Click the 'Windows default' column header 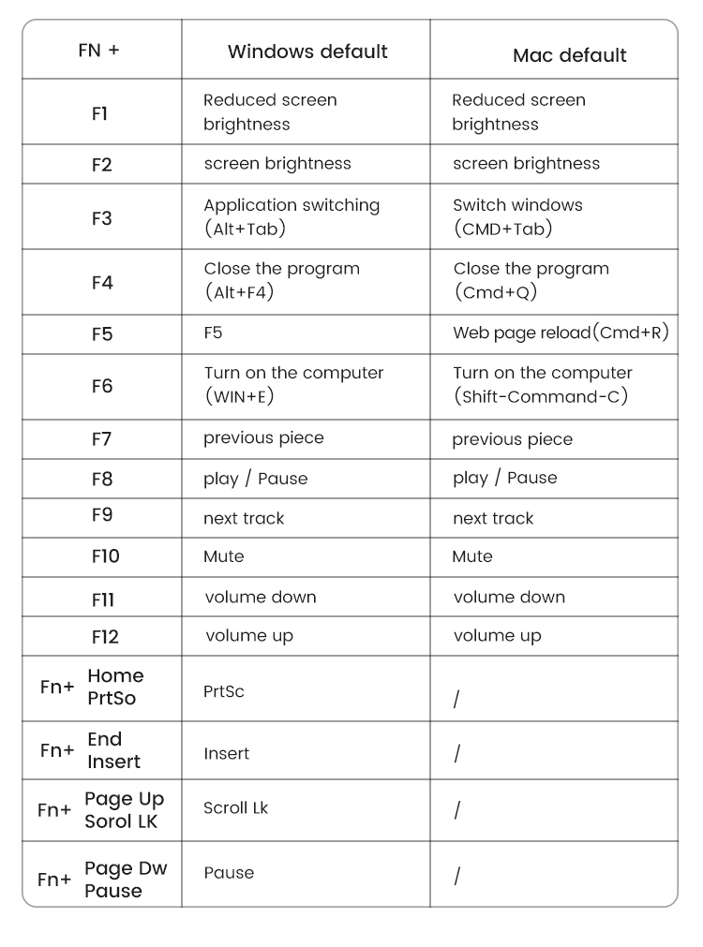307,52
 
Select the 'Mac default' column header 569,55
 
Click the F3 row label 101,218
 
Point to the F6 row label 101,386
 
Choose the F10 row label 105,556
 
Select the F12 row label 105,637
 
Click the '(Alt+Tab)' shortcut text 245,229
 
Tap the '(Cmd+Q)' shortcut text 497,292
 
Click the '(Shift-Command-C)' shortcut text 540,396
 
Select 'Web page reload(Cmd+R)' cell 561,333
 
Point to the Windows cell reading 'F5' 213,333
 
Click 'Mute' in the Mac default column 471,556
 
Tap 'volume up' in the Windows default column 249,636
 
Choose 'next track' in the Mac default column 493,518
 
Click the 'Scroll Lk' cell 235,807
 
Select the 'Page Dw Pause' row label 125,880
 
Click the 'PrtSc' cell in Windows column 224,691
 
